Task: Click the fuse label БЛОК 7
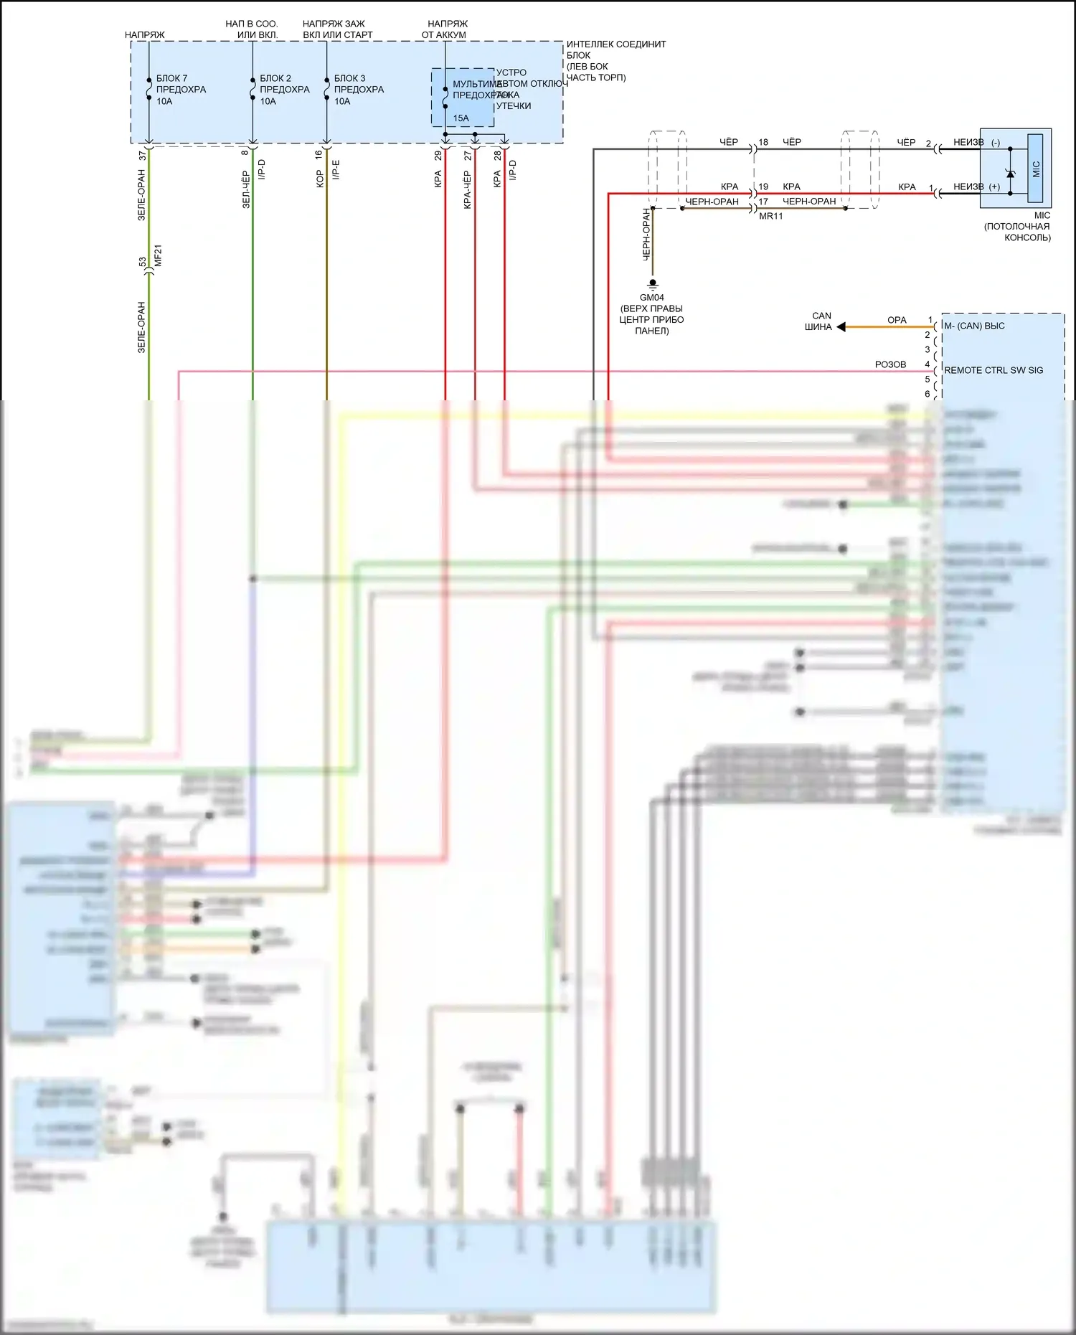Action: click(171, 78)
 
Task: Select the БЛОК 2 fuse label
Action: click(275, 78)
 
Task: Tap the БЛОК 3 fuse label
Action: click(349, 78)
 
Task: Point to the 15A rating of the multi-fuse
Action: click(461, 118)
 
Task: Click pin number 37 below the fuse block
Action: click(142, 155)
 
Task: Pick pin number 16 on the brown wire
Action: click(318, 154)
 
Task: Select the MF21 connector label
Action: click(159, 255)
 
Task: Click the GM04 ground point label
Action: click(651, 298)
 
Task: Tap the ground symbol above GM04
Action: click(653, 284)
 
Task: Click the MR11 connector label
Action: click(771, 216)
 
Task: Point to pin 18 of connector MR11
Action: click(763, 142)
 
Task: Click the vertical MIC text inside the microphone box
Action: click(1036, 169)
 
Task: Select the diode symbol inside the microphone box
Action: click(1010, 172)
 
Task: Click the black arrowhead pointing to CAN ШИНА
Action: click(841, 327)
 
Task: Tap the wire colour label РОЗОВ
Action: click(890, 364)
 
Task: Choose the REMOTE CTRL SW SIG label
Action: click(994, 370)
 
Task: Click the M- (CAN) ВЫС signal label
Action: click(974, 326)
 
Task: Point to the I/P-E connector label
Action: click(336, 170)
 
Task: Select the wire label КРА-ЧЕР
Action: click(467, 189)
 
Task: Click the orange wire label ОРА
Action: click(897, 320)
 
